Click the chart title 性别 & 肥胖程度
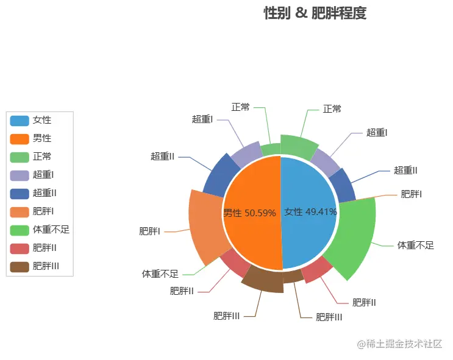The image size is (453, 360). (x=315, y=13)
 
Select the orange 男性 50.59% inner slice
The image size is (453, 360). (x=250, y=213)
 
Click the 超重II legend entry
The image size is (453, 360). (x=45, y=193)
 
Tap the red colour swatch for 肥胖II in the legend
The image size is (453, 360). (x=20, y=248)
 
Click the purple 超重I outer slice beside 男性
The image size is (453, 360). (x=245, y=155)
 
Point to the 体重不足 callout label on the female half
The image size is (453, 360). (x=415, y=245)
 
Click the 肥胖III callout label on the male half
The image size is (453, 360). (x=226, y=316)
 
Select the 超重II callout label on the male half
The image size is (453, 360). (x=163, y=157)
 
